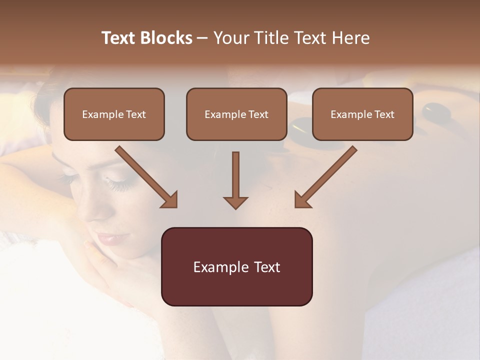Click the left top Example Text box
click(x=114, y=114)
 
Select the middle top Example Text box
click(x=236, y=114)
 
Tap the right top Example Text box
click(x=362, y=114)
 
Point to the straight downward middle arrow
click(x=235, y=180)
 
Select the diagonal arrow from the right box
click(x=325, y=177)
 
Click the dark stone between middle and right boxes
click(x=299, y=127)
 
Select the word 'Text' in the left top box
click(x=136, y=114)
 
